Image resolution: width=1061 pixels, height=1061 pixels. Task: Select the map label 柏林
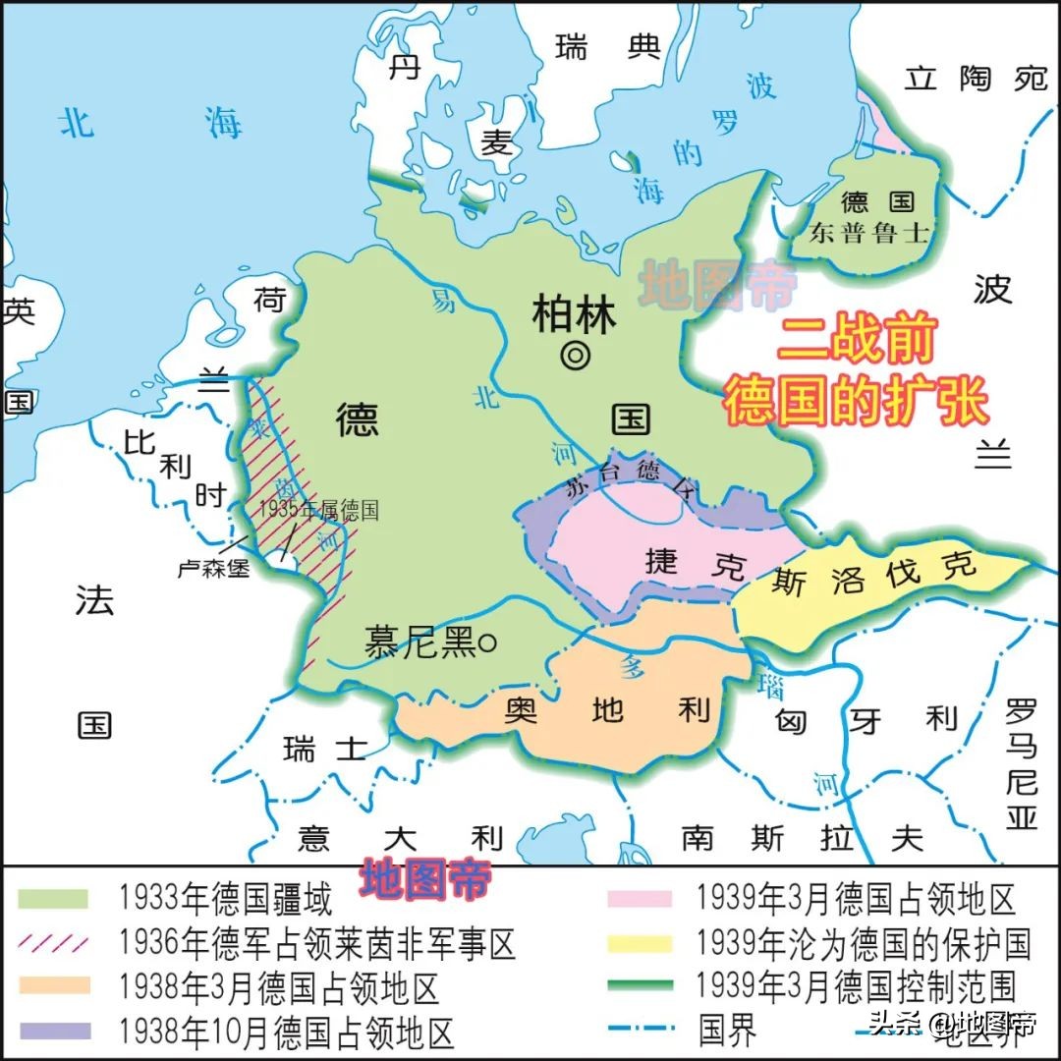(x=575, y=316)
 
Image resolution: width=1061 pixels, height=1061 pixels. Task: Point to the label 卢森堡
(x=213, y=568)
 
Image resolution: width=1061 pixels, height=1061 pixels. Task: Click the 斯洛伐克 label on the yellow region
(x=873, y=573)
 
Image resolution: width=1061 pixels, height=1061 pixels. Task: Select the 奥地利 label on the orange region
(x=607, y=710)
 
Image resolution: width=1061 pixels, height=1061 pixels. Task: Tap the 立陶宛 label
(x=977, y=79)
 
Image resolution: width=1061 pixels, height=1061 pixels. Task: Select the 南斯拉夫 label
(x=802, y=837)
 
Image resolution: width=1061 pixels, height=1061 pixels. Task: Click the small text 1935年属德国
(x=319, y=511)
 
